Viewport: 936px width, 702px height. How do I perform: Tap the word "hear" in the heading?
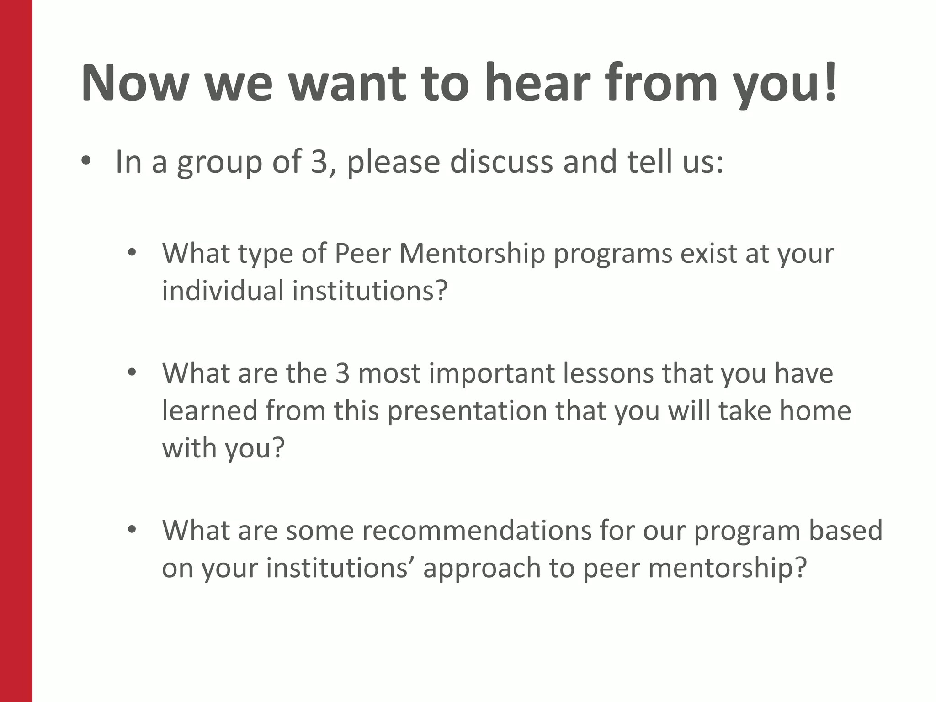[x=535, y=83]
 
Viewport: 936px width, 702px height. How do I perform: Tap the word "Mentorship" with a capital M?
[x=472, y=254]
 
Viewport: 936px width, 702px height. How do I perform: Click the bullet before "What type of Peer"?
[x=132, y=253]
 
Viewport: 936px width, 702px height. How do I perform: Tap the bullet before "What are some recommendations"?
[x=132, y=529]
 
